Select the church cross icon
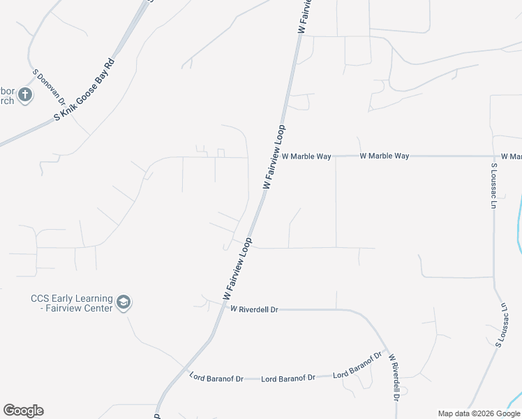click(x=25, y=95)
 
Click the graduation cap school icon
click(x=124, y=302)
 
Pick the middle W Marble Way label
click(x=384, y=156)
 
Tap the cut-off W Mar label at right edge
click(x=511, y=156)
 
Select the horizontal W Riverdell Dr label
click(x=254, y=309)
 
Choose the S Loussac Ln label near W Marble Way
click(x=493, y=186)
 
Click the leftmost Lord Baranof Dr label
click(x=216, y=378)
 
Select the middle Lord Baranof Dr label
click(x=287, y=378)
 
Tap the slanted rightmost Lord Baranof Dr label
click(x=359, y=365)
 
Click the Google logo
click(x=23, y=411)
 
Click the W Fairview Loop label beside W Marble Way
click(x=275, y=157)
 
